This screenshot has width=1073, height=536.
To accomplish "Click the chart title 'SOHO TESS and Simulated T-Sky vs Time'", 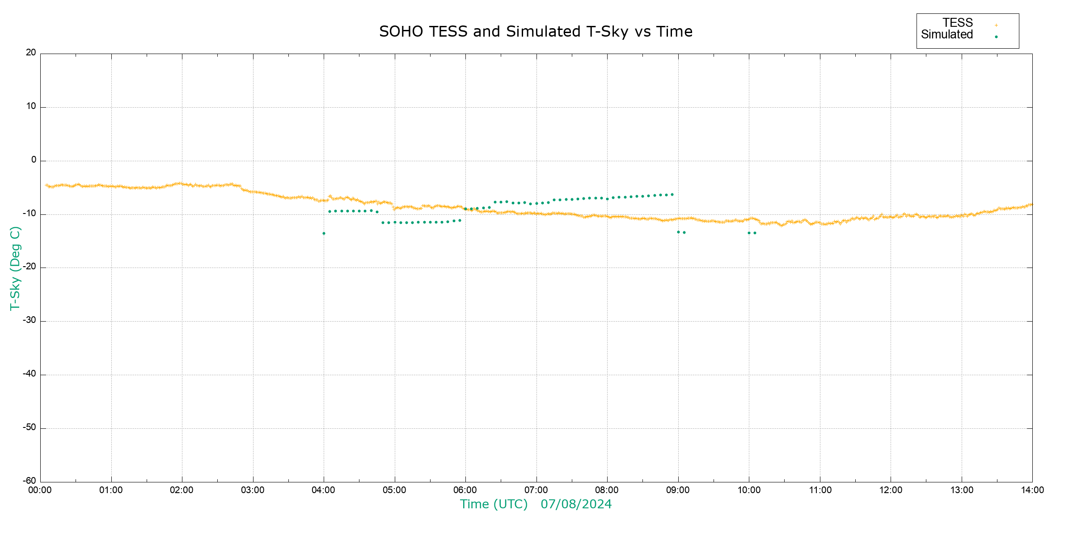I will (536, 32).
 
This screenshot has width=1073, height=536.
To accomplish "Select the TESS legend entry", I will (958, 23).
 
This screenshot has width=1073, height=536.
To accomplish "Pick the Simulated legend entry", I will (947, 35).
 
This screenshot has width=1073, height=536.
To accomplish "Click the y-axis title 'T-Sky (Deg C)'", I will (15, 268).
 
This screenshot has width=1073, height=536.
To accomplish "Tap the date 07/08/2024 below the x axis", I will (576, 504).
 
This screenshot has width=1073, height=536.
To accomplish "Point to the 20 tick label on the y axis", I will (31, 53).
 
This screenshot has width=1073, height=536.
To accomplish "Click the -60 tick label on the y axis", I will (30, 481).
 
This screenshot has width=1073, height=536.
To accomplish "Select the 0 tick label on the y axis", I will (34, 160).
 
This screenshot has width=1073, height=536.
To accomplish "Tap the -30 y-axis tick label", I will (30, 320).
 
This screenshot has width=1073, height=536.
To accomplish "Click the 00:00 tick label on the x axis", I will (40, 490).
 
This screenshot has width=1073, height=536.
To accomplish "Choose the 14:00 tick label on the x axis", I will (1032, 490).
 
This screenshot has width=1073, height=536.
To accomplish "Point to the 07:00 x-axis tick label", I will (536, 490).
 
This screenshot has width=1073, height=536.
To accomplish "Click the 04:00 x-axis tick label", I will (324, 490).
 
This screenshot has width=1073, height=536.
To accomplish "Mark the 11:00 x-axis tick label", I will (820, 490).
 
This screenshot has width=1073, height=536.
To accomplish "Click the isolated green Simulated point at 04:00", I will (324, 234).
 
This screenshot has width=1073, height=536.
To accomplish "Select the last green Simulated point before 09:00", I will (672, 195).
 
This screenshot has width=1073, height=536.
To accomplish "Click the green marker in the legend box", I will (996, 37).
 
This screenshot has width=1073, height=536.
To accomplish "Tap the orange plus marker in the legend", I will (996, 25).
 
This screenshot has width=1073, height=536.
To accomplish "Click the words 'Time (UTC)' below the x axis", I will (494, 504).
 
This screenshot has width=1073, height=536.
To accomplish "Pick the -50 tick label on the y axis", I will (30, 427).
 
